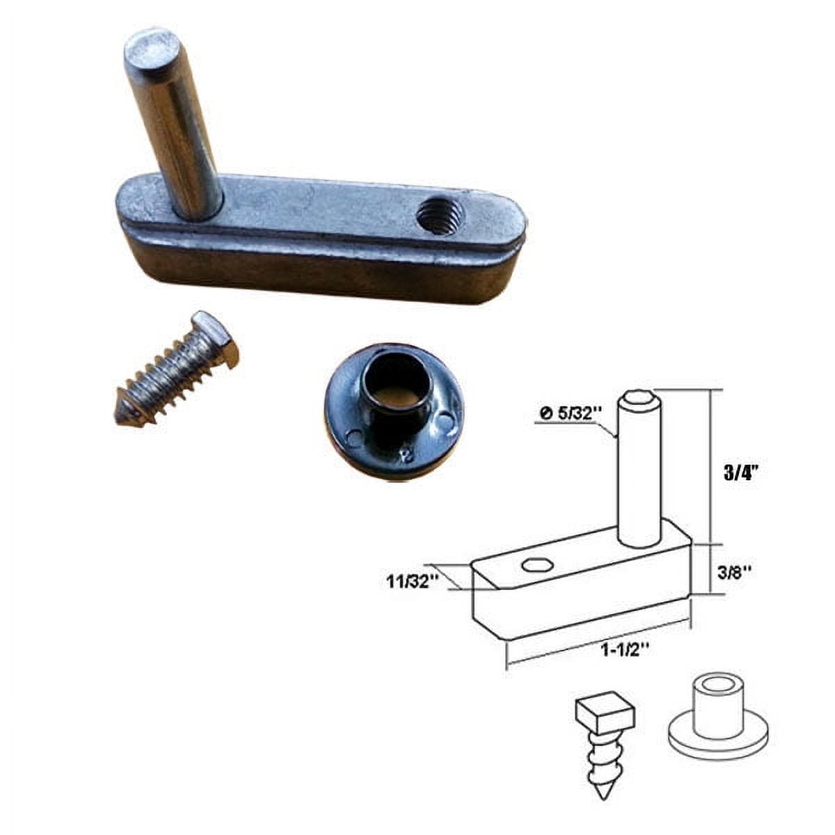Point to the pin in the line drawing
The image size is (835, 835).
(x=638, y=473)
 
